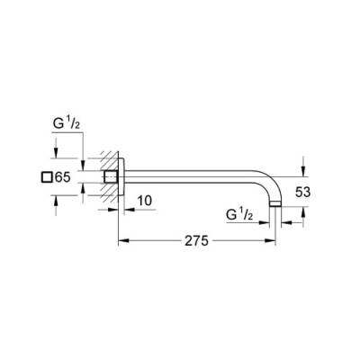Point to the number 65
click(62, 178)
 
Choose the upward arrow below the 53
click(303, 212)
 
